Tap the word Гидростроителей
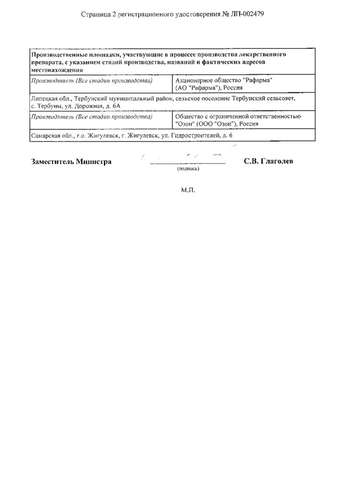[196, 135]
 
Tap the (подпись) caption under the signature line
[188, 169]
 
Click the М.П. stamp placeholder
[188, 190]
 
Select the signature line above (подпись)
[188, 164]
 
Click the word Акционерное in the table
[195, 80]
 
